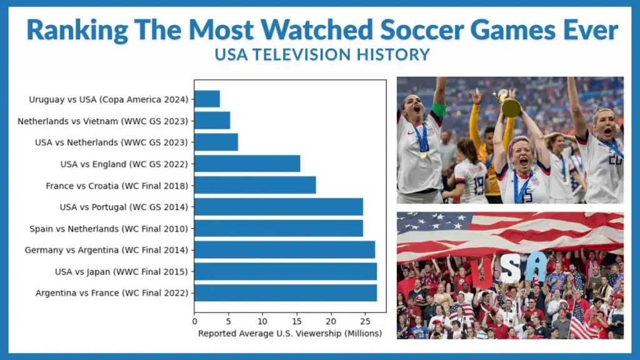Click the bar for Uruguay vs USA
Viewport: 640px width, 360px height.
pos(207,99)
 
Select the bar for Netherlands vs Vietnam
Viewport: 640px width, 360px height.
pos(212,121)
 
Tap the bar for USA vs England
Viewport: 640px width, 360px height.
pos(247,164)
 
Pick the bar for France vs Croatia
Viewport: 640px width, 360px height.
pos(255,185)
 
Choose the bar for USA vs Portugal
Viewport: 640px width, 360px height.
pos(278,207)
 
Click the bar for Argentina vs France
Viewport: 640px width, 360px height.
pos(285,292)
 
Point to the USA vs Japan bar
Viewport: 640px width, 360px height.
pos(285,271)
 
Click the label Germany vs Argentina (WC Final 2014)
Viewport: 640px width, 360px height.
pos(106,250)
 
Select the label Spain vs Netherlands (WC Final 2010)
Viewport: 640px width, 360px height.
pos(109,229)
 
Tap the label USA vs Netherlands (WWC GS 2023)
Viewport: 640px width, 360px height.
pos(111,142)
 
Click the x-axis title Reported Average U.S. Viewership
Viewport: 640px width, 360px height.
pos(289,333)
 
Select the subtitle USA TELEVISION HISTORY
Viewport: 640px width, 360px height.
pos(322,55)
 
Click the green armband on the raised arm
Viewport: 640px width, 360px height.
pos(438,111)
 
